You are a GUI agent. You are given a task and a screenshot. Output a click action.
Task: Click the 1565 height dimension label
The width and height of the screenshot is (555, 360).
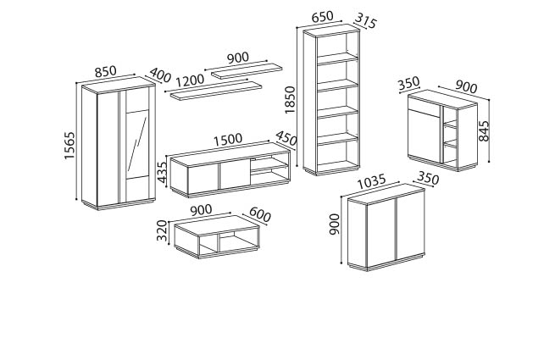[70, 146]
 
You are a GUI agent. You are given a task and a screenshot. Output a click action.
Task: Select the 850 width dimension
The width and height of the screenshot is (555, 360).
[105, 71]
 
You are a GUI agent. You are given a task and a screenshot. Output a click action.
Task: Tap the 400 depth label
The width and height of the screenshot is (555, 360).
[160, 75]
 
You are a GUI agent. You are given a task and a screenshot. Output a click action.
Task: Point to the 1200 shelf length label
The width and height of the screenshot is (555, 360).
[190, 80]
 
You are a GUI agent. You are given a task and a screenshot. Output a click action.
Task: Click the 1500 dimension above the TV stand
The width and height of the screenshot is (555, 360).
[228, 139]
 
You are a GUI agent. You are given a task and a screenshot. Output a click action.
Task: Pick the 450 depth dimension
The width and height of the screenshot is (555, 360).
[286, 138]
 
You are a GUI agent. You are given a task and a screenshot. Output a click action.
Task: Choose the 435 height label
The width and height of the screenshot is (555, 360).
[162, 173]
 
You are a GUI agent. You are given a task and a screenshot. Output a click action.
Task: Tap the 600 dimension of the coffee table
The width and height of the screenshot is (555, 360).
[260, 214]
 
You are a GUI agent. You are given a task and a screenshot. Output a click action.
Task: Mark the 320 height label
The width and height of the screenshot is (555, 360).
[162, 230]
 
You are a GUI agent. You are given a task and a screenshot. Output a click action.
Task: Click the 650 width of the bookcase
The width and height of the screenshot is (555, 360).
[322, 17]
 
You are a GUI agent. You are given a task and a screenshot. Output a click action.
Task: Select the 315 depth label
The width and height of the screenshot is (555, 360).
[365, 20]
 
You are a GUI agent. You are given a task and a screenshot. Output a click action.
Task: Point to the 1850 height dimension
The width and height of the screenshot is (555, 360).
[290, 99]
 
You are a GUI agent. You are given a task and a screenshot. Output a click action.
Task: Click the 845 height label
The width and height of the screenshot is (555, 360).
[484, 131]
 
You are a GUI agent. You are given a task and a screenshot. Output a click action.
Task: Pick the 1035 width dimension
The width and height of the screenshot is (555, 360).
[372, 181]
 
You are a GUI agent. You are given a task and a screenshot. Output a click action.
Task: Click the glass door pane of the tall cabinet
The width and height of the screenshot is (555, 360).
[137, 143]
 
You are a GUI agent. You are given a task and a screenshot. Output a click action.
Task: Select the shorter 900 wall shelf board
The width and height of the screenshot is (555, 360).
[247, 71]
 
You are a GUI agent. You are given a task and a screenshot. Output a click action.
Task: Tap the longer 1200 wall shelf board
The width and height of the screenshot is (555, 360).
[216, 91]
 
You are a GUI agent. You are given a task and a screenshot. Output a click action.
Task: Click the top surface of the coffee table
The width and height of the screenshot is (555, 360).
[216, 224]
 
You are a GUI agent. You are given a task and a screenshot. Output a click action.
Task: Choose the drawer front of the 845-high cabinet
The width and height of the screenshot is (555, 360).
[424, 104]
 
